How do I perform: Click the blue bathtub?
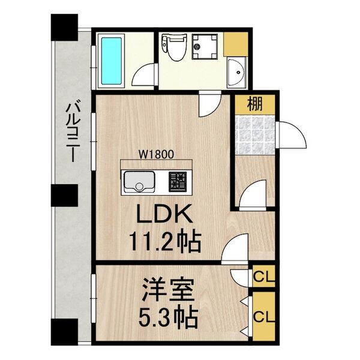(x=112, y=61)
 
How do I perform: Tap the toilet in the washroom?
(x=174, y=47)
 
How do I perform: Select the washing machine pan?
(x=205, y=47)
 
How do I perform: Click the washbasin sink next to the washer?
(x=236, y=72)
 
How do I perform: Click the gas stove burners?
(x=178, y=182)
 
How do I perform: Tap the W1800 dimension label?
(x=156, y=154)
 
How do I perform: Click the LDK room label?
(x=164, y=214)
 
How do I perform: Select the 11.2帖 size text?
(x=166, y=242)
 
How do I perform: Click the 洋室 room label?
(x=168, y=290)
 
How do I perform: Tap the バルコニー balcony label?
(x=73, y=133)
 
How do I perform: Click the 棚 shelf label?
(x=255, y=104)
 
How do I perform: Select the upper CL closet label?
(x=264, y=277)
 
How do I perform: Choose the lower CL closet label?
(x=264, y=317)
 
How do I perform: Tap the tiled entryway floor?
(x=255, y=135)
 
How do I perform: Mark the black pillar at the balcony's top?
(x=65, y=28)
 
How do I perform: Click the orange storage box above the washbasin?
(x=236, y=44)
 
